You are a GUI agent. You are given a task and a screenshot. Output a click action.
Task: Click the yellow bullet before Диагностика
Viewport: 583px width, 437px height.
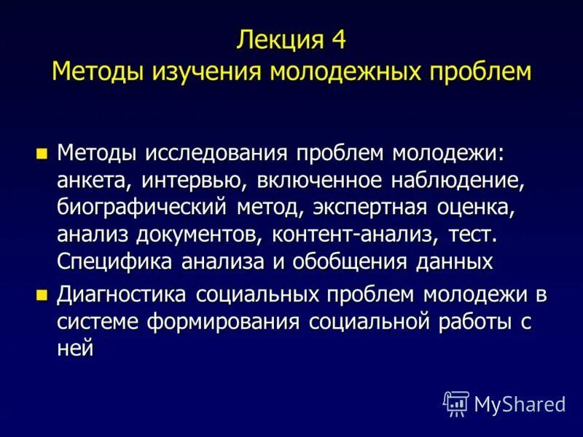[x=42, y=296]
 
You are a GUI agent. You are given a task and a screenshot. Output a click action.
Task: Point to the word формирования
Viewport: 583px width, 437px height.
[x=227, y=322]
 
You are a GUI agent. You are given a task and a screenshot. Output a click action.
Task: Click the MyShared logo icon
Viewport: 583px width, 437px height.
[x=455, y=403]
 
